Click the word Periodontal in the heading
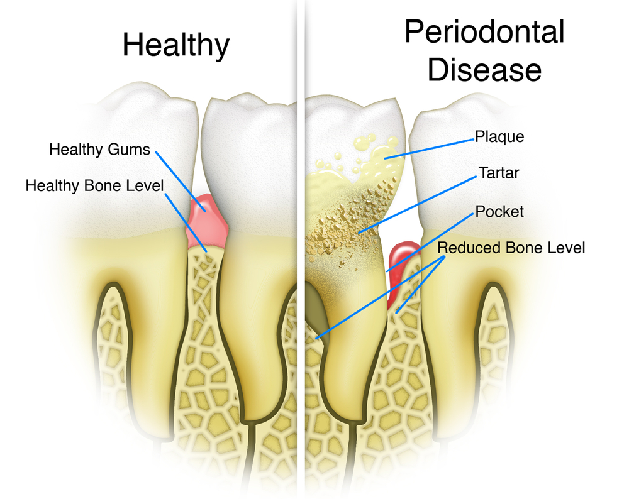484,31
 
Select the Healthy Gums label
100,150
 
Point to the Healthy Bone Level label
94,186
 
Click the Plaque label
499,136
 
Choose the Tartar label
496,173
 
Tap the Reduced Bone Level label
511,247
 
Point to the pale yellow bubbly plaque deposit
371,157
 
